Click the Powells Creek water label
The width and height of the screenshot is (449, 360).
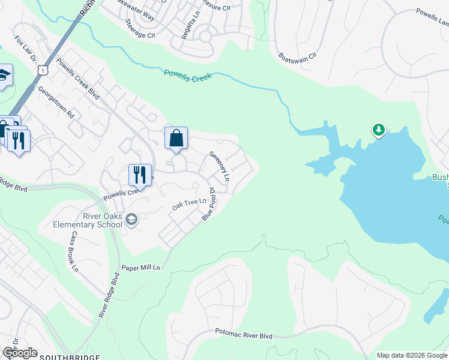188,76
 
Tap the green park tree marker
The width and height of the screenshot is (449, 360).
378,129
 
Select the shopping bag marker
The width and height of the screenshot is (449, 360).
176,139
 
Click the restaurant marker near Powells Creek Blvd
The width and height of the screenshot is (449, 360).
139,175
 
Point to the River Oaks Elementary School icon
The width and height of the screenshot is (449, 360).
131,221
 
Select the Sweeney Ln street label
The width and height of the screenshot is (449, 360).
219,166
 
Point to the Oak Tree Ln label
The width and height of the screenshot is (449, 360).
185,205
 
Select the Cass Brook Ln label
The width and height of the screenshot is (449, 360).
73,253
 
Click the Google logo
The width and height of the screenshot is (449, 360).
20,353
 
